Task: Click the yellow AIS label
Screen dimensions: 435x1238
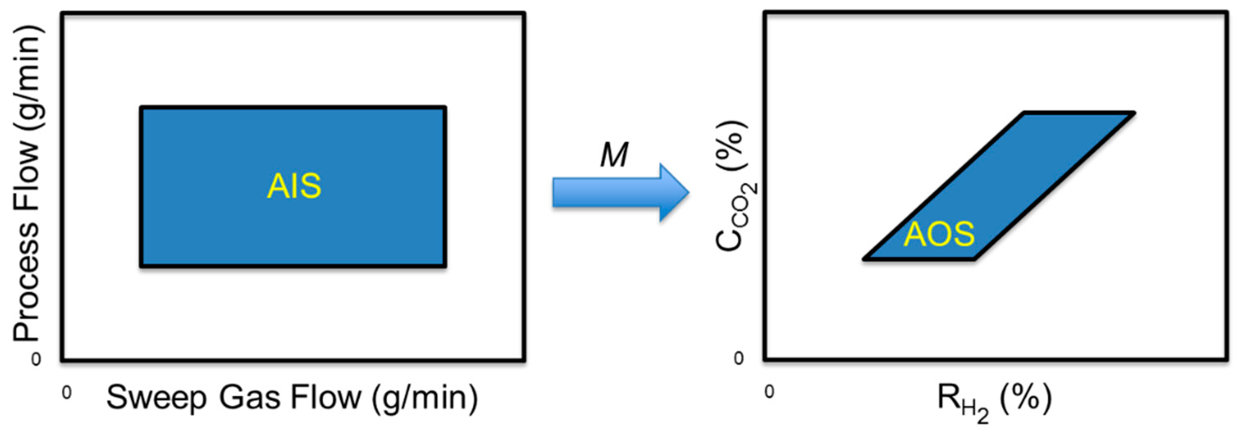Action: point(294,186)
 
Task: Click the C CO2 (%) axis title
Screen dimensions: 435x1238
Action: point(733,187)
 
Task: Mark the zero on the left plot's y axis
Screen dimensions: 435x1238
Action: point(36,359)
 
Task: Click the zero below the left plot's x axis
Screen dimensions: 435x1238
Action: point(66,393)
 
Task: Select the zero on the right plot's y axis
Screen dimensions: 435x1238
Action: point(739,358)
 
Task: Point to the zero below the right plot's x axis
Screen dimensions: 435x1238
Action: point(770,392)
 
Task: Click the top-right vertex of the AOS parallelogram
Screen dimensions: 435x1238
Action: point(1134,113)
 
